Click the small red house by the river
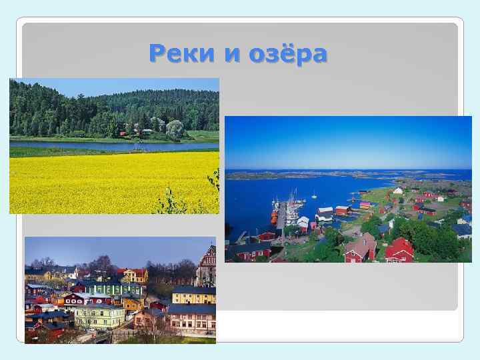(x=123, y=133)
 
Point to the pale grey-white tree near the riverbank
(x=175, y=129)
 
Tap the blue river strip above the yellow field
(x=80, y=144)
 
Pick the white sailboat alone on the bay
(x=314, y=195)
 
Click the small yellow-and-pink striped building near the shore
(x=364, y=205)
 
